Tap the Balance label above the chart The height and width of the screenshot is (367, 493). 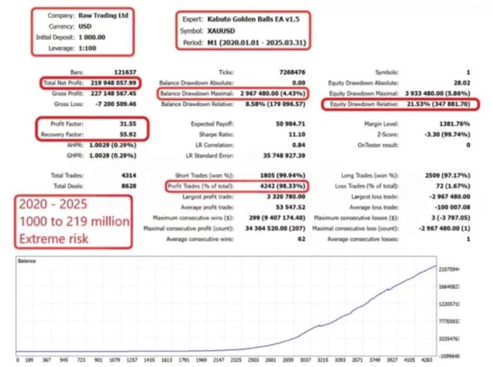pyautogui.click(x=26, y=262)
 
